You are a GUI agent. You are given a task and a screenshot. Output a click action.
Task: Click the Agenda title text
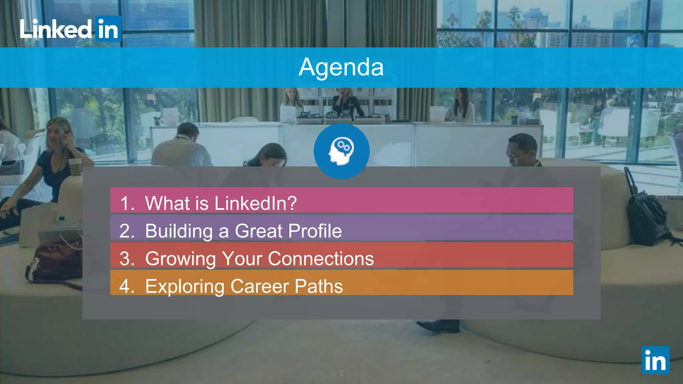(x=341, y=67)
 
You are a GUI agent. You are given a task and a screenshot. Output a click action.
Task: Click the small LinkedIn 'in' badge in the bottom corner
(x=655, y=360)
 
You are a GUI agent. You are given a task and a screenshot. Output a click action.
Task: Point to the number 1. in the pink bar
(x=127, y=203)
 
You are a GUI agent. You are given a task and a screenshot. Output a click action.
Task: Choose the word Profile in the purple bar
(x=315, y=231)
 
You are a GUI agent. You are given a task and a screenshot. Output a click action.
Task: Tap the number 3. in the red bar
(x=127, y=258)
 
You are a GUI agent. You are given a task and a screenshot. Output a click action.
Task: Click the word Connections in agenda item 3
(x=321, y=258)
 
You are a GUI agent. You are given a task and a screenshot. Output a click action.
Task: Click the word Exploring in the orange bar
(x=185, y=287)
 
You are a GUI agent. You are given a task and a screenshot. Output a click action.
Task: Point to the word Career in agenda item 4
(x=260, y=286)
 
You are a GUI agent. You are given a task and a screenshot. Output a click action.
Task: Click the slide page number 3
(x=341, y=373)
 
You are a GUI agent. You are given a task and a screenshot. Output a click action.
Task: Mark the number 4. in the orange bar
(x=127, y=286)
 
